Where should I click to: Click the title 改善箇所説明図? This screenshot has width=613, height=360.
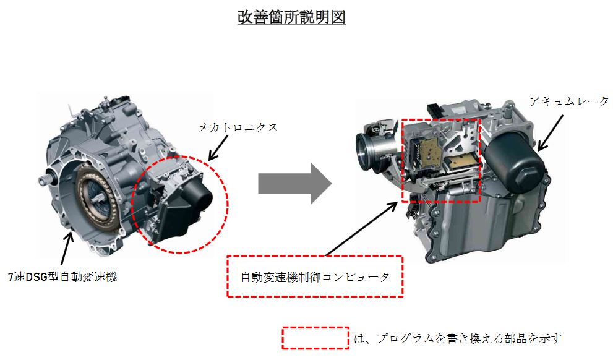click(291, 17)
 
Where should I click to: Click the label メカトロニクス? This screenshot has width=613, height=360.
click(238, 127)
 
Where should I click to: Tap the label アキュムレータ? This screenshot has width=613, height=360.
click(569, 101)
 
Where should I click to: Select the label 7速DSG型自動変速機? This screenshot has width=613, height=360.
click(62, 276)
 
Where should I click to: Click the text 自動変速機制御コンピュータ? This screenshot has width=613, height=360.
click(315, 277)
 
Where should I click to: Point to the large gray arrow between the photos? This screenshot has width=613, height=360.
click(295, 183)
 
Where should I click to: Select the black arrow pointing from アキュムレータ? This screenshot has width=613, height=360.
click(551, 132)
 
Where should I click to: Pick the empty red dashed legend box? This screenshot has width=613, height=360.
click(315, 338)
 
